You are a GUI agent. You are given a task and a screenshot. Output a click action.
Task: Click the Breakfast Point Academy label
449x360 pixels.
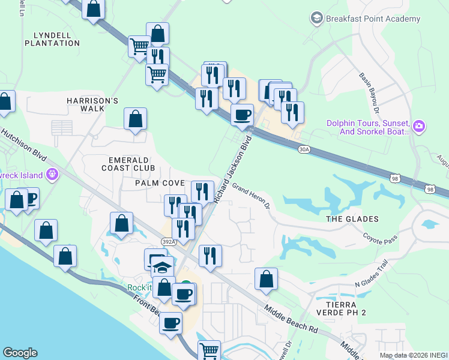click(373, 19)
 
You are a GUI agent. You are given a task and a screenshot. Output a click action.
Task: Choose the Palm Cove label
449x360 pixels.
click(160, 182)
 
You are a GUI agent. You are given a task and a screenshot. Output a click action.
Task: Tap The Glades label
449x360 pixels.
click(352, 219)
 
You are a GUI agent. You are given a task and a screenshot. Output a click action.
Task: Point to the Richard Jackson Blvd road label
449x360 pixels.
click(233, 172)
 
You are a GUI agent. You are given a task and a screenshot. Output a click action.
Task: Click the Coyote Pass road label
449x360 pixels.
click(381, 238)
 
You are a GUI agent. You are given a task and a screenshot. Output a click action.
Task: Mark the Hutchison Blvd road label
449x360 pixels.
click(24, 145)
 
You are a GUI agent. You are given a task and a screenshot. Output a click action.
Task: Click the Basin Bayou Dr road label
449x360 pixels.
click(369, 94)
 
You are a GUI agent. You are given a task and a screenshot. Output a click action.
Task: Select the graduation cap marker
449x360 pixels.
click(161, 267)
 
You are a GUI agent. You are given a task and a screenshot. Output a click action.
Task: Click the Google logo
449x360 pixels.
click(20, 353)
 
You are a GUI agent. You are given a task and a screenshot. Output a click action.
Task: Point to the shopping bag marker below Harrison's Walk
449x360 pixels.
click(136, 119)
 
